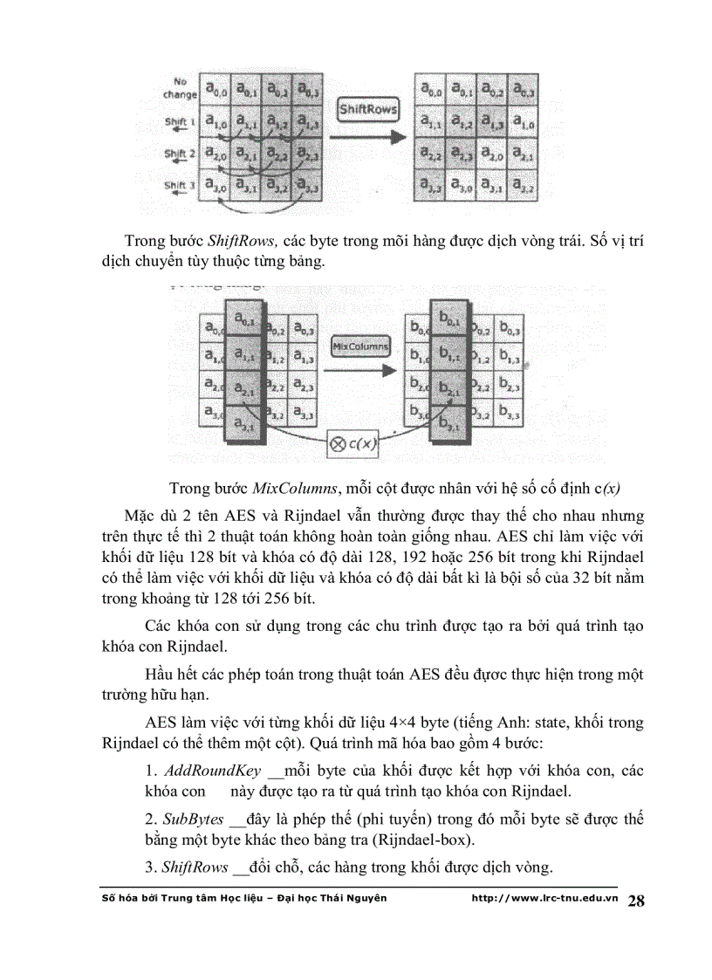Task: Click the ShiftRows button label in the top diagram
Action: pyautogui.click(x=367, y=110)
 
